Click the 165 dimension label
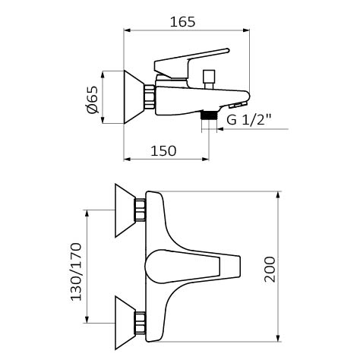tap(182, 22)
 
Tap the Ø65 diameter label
tap(92, 99)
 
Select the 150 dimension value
tap(163, 151)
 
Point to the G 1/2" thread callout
tap(249, 119)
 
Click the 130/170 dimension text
tap(76, 272)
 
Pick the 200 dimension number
tap(270, 270)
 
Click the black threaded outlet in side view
tap(209, 115)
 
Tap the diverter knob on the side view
tap(209, 79)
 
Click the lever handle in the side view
tap(191, 63)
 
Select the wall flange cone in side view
tap(134, 96)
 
